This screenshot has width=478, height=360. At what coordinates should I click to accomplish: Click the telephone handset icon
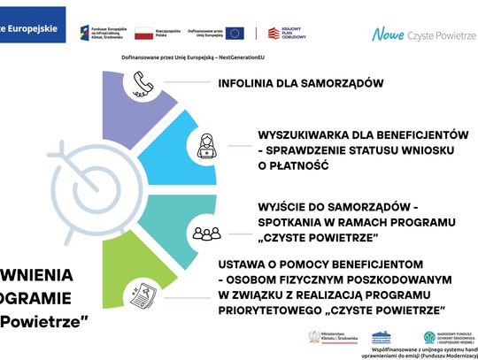pos(141,84)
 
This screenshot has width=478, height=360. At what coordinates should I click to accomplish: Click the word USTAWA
pos(242,264)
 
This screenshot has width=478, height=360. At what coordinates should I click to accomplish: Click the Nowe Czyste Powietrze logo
pos(421,34)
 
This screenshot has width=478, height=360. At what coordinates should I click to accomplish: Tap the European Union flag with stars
pos(235,34)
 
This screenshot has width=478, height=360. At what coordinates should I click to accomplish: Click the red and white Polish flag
pos(143,34)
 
